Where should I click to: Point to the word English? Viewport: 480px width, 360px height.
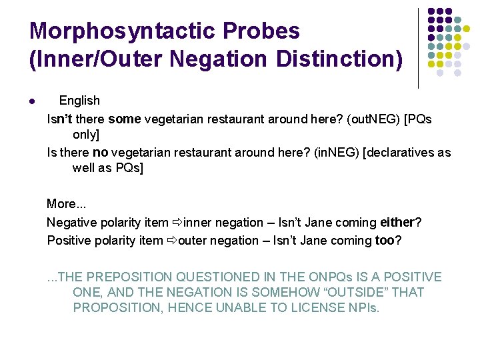click(79, 101)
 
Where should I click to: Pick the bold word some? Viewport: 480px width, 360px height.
click(125, 119)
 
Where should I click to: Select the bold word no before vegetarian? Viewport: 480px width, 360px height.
click(100, 153)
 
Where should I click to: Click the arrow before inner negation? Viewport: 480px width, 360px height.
click(177, 222)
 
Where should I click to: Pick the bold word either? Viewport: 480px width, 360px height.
click(397, 222)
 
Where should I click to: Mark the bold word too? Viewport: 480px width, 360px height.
click(385, 240)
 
